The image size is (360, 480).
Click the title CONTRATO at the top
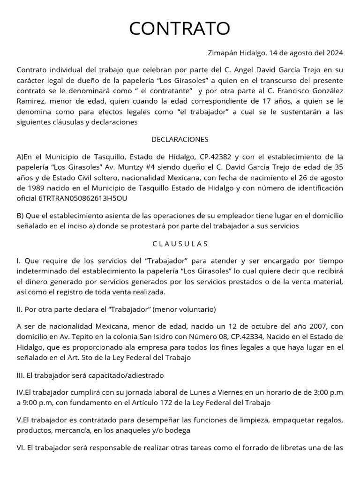coord(180,29)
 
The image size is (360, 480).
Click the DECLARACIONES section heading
coord(180,139)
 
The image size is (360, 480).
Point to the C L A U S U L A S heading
coord(180,244)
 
